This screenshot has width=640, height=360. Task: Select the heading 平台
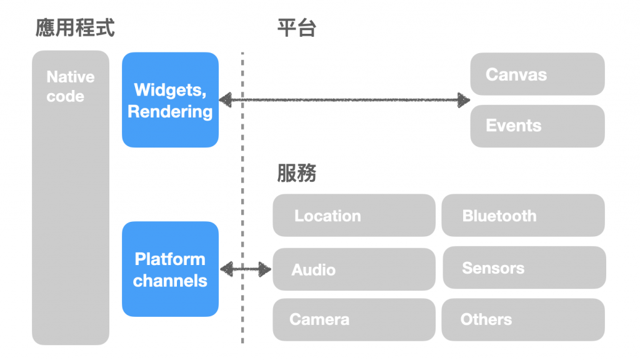[297, 28]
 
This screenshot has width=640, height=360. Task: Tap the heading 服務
[297, 173]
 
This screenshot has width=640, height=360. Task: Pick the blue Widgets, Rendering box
[170, 100]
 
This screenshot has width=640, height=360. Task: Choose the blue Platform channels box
[170, 269]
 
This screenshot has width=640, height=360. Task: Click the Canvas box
[537, 74]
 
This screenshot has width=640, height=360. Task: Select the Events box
[537, 126]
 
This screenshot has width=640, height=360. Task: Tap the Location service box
[354, 216]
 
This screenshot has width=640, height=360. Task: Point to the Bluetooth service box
[523, 216]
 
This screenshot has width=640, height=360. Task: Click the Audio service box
[354, 269]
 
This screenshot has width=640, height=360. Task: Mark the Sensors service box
[524, 268]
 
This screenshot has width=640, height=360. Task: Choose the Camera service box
[354, 319]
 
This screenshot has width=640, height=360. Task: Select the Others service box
[523, 319]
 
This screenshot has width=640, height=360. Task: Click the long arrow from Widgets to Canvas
[344, 99]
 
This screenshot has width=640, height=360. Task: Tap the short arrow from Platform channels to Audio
[246, 269]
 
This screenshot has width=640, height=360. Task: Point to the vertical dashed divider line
[242, 187]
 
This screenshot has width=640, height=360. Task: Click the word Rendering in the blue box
[170, 111]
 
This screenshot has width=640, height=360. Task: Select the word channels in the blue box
[170, 281]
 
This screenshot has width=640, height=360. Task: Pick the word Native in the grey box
[71, 77]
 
